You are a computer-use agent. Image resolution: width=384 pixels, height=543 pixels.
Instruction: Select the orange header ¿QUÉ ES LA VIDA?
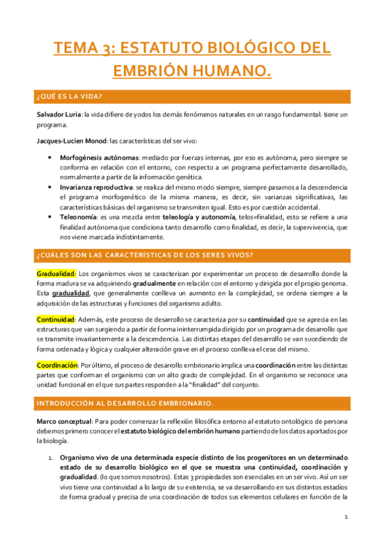pyautogui.click(x=71, y=96)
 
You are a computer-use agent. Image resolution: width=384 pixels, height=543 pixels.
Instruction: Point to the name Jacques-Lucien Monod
pyautogui.click(x=69, y=141)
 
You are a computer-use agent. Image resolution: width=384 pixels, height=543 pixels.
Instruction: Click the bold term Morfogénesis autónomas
pyautogui.click(x=96, y=157)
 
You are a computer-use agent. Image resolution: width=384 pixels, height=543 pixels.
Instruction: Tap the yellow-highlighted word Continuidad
pyautogui.click(x=56, y=319)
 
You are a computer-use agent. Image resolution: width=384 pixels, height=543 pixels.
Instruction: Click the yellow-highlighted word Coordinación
pyautogui.click(x=57, y=364)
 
